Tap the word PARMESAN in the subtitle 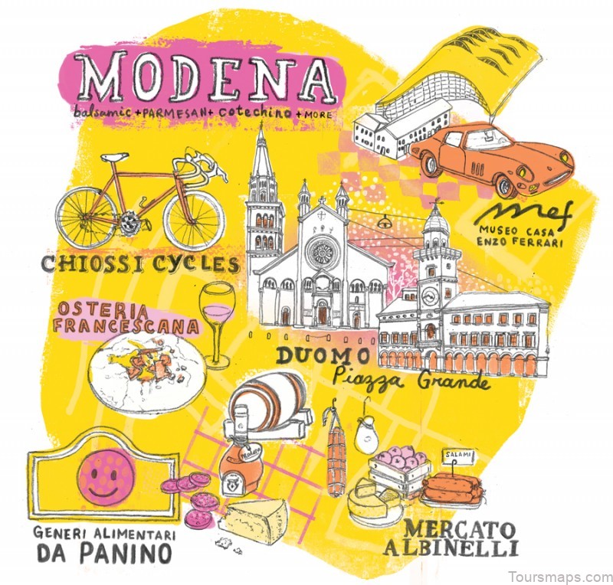coord(175,113)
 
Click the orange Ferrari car coord(490,157)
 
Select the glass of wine coord(217,318)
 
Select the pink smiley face coord(105,475)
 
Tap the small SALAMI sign coord(457,458)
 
